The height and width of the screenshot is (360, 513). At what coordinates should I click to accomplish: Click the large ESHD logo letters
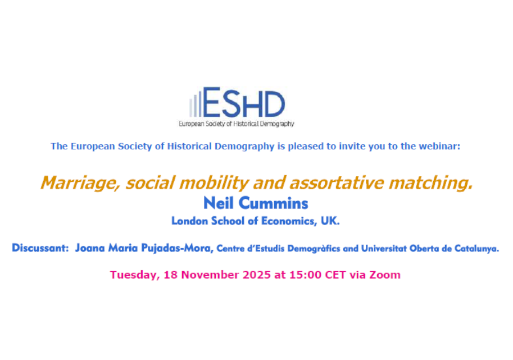(244, 103)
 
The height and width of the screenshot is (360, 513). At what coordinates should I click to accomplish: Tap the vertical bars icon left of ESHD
(194, 105)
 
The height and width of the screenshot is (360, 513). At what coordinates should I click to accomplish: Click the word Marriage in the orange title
(72, 183)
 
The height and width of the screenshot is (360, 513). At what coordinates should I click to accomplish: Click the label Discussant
(39, 248)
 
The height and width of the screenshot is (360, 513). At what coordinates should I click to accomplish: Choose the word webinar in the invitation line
(441, 147)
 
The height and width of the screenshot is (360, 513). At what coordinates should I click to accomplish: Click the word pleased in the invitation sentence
(305, 147)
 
